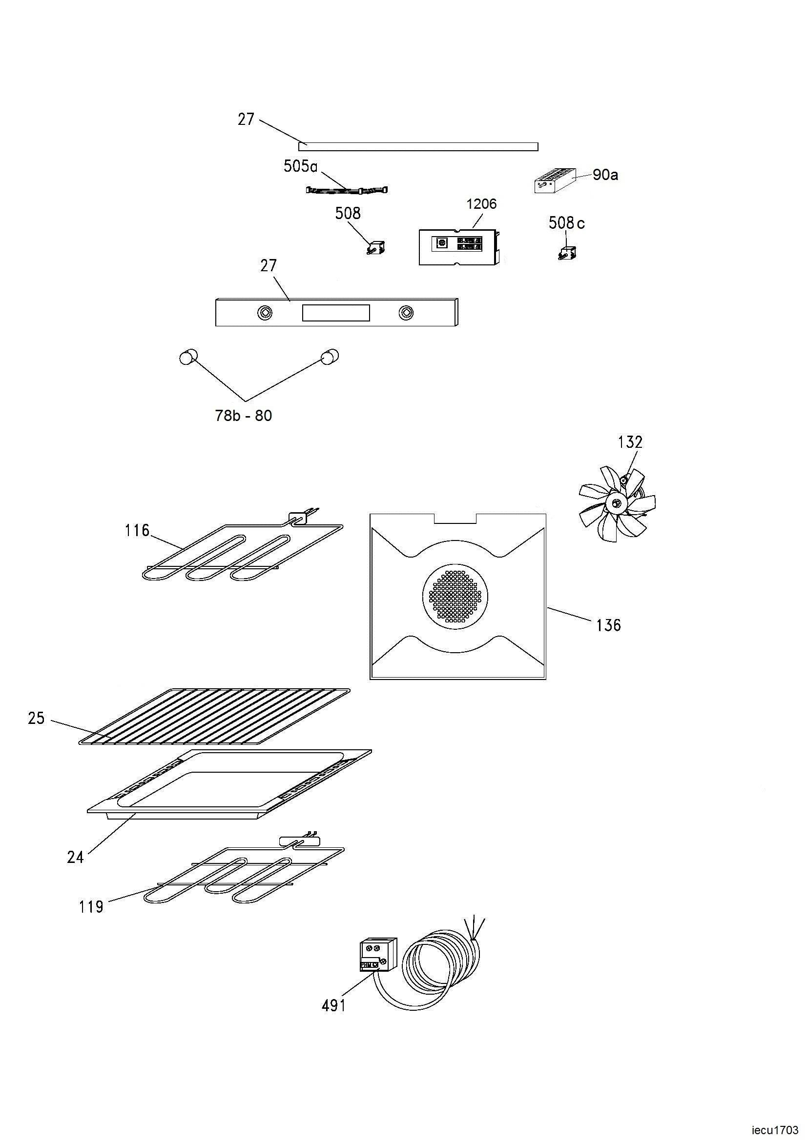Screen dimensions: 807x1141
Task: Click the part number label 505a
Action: click(300, 166)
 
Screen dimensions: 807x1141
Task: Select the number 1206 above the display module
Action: click(481, 204)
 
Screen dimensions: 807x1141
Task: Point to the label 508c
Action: click(567, 222)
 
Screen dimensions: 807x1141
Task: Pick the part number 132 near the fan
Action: click(630, 442)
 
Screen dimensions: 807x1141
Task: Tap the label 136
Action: click(609, 625)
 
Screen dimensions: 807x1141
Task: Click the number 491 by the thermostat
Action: click(333, 1005)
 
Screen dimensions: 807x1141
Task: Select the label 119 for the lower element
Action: click(91, 907)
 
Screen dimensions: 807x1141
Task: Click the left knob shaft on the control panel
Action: click(265, 313)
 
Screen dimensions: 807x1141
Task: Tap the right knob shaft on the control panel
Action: click(406, 313)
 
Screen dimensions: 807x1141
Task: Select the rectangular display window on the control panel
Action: click(335, 313)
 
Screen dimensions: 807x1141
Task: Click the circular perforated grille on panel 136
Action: click(455, 596)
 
